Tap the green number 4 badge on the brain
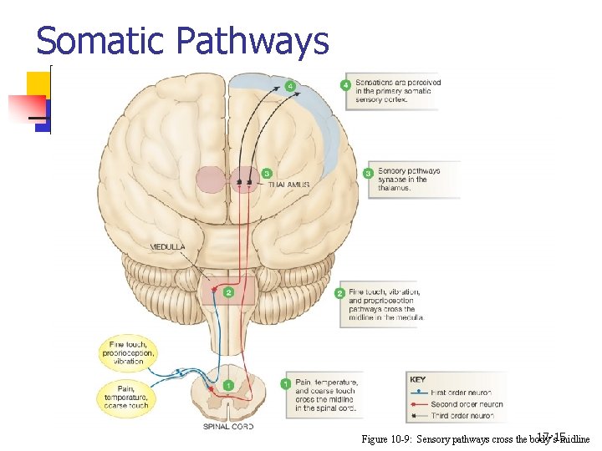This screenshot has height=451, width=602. coord(289,86)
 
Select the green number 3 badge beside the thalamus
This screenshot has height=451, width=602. coord(267,174)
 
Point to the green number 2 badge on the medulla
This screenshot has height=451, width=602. coord(227,291)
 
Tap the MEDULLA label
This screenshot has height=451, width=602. coord(168,247)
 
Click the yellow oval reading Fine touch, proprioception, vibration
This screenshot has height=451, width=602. coord(129,352)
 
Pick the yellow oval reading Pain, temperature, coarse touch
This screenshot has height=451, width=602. coord(127,395)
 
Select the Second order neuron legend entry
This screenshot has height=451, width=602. coord(463,404)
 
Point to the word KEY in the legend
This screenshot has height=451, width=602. coord(418,380)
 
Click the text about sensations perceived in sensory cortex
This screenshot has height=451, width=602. coord(397,90)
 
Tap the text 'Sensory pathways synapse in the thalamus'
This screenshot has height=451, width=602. coord(407,180)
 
